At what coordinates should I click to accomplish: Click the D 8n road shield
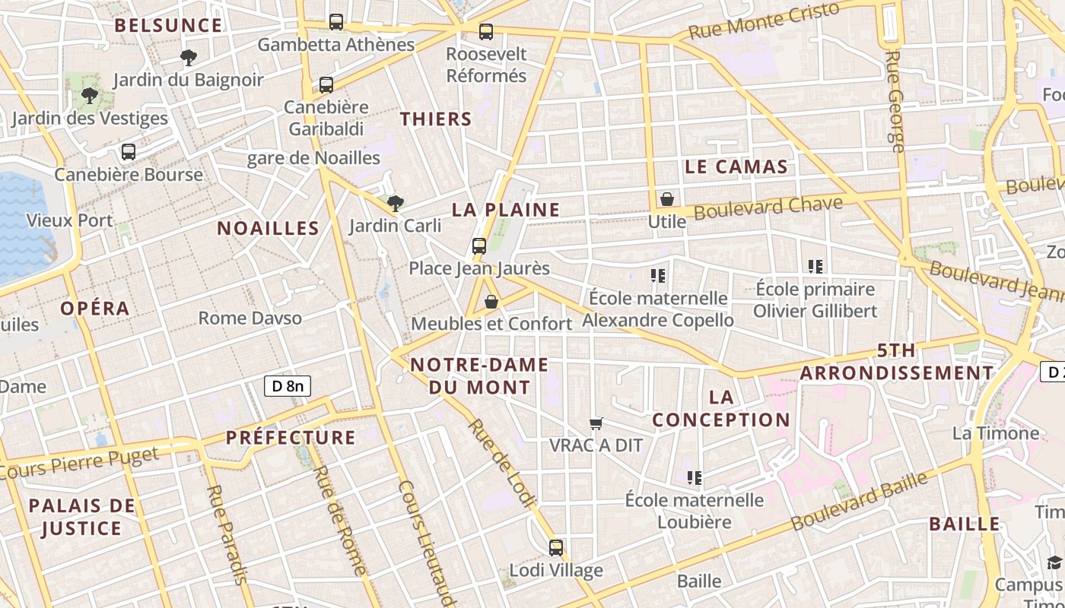288,386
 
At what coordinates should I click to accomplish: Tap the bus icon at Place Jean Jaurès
478,246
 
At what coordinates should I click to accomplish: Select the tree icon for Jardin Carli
395,203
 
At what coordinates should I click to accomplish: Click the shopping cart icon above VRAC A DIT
596,423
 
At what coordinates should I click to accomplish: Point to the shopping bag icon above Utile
667,199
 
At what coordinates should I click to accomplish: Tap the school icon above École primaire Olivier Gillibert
815,267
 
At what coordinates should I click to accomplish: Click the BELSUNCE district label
168,25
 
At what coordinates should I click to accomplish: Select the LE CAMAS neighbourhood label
736,167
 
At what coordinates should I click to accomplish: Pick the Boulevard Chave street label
768,207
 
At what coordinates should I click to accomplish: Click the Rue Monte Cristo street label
764,21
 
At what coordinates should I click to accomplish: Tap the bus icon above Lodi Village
556,547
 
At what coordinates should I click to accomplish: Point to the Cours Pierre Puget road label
80,464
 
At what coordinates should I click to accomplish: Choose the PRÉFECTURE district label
291,438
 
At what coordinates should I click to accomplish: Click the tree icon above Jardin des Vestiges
89,96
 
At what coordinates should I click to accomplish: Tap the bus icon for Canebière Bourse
129,152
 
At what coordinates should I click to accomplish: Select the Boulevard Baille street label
860,502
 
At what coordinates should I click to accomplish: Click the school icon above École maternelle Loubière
694,478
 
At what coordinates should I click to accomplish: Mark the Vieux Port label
69,221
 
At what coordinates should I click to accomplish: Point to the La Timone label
996,433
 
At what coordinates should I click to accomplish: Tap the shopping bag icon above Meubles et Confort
491,302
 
